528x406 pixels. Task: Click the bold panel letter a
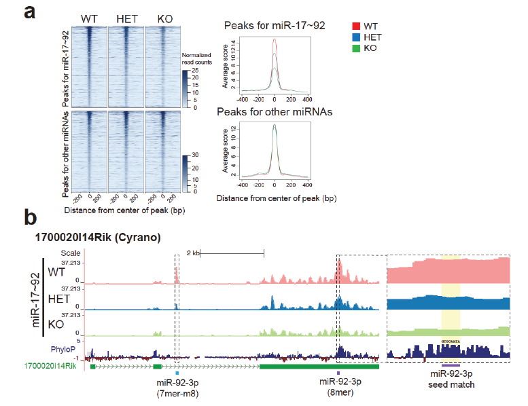[31, 13]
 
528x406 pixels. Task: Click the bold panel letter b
[31, 218]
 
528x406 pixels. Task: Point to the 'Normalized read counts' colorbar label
[198, 58]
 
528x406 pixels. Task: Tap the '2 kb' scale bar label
[193, 253]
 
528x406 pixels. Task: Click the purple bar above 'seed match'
[451, 365]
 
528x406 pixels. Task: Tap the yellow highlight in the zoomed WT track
[451, 270]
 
